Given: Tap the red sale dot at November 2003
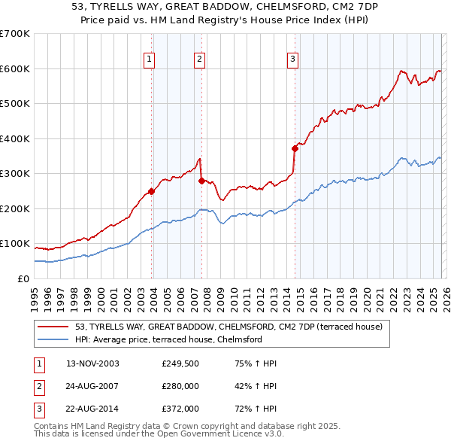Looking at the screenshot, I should coord(152,191).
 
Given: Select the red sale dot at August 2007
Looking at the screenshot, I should coord(201,181).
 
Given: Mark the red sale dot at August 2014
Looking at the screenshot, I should coord(295,148).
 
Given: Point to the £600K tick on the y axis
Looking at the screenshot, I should coord(15,68).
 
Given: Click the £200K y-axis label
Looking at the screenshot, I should coord(15,208).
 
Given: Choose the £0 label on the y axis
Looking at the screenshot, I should coord(23,278).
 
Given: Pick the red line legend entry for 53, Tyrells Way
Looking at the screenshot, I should coord(229,327).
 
